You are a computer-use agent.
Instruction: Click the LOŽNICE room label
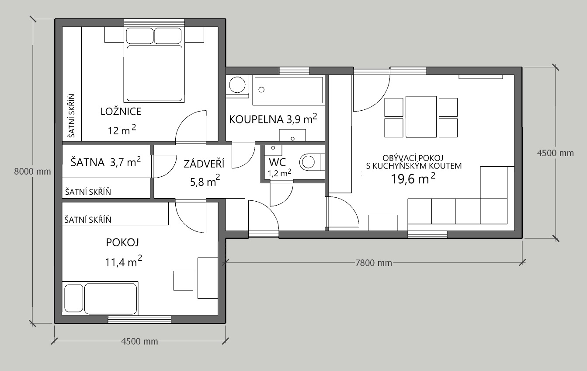[x=121, y=112]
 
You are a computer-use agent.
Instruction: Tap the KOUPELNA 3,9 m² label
[x=273, y=119]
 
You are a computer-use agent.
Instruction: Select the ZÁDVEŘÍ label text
[x=204, y=164]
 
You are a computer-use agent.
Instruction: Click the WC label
[x=277, y=162]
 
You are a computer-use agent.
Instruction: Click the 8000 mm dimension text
[x=32, y=171]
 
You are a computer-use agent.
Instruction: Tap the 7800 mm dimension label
[x=373, y=262]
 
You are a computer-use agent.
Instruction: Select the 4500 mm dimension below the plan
[x=140, y=341]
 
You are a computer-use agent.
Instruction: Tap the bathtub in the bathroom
[x=288, y=90]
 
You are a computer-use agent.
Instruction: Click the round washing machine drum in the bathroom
[x=237, y=85]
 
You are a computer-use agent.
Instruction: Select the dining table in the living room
[x=421, y=117]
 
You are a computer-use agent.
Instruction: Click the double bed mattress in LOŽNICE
[x=154, y=73]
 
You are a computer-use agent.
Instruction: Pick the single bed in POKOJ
[x=101, y=298]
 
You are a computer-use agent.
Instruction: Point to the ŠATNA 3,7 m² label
[x=106, y=162]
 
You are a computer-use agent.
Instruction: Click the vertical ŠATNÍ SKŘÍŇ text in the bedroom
[x=71, y=115]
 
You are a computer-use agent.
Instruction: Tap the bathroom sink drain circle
[x=293, y=139]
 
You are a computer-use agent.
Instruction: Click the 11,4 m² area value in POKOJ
[x=123, y=261]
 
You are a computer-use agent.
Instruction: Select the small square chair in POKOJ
[x=183, y=280]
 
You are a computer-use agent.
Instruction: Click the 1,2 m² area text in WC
[x=279, y=173]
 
